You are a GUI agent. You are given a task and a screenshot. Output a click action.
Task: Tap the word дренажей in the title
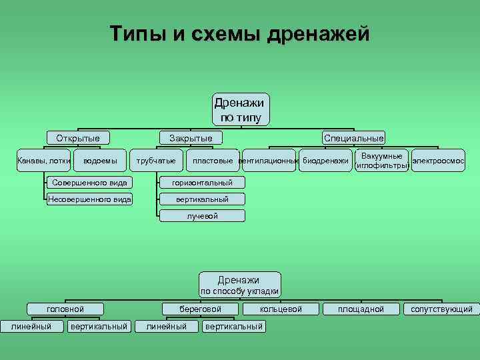tap(318, 33)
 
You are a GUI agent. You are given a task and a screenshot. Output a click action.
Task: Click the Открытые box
tap(78, 138)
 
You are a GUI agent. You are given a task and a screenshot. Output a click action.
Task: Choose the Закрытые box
tap(191, 138)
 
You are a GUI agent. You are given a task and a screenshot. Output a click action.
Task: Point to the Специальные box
tap(353, 138)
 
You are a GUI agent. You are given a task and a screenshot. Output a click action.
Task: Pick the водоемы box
tap(100, 161)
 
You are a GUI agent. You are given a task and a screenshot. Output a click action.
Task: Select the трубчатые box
tap(156, 161)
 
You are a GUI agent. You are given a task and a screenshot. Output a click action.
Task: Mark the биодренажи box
tap(325, 161)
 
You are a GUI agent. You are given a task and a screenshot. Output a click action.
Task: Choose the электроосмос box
tap(438, 161)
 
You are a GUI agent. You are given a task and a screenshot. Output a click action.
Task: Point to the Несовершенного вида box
tap(89, 199)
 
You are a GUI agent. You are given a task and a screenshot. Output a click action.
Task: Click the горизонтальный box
tap(202, 183)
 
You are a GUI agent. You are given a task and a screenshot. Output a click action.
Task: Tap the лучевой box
tap(202, 216)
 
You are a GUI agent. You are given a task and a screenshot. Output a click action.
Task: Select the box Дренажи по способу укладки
tap(240, 285)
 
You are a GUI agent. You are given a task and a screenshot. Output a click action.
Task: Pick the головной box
tap(65, 309)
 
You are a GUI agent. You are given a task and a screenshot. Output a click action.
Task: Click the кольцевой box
tap(281, 309)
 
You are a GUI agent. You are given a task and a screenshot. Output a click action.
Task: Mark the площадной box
tap(361, 309)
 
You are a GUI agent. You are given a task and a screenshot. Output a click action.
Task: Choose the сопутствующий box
tap(441, 309)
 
